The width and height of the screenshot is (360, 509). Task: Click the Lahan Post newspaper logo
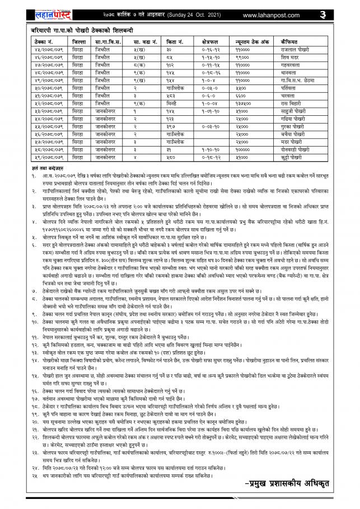[x=50, y=11]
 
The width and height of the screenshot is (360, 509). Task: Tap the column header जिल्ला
[x=79, y=41]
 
